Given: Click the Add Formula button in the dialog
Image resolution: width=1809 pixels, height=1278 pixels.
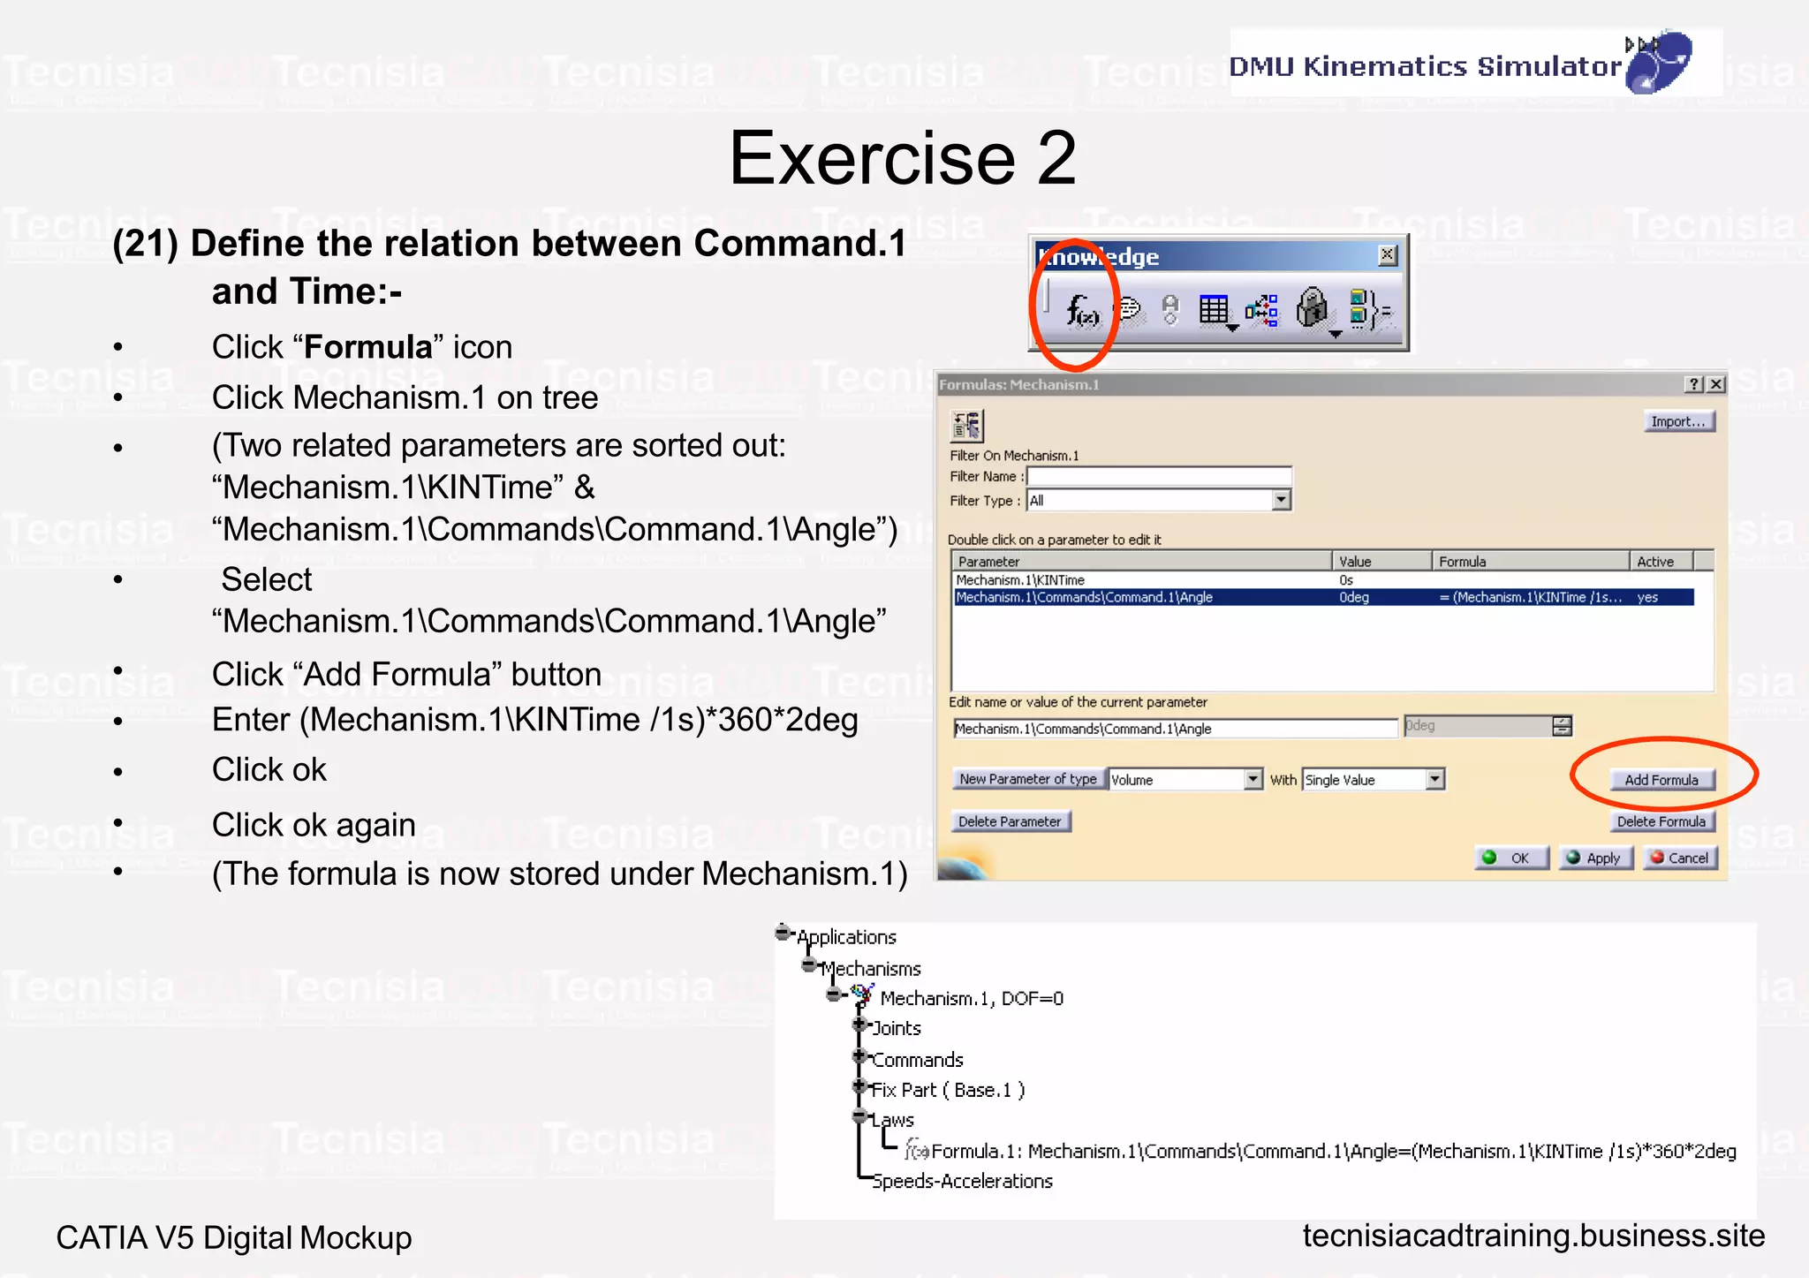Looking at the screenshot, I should coord(1661,780).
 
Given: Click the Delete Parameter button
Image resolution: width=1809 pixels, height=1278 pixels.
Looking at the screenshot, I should coord(1010,821).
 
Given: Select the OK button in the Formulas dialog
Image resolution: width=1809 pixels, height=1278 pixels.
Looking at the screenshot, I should coord(1511,858).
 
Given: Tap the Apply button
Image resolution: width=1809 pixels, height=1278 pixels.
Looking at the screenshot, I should coord(1594,858).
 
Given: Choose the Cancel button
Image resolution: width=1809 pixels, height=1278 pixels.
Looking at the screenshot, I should coord(1679,858).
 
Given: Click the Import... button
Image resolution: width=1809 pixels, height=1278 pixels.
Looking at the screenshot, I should coord(1677,421).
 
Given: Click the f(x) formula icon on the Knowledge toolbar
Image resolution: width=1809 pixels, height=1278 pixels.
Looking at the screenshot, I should coord(1082,310).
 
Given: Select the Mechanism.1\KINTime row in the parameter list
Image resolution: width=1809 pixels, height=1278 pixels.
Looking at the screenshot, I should coord(1020,580).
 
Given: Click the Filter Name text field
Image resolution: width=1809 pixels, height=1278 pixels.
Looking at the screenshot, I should coord(1158,476).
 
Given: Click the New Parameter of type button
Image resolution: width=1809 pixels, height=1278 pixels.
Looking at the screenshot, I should coord(1027,779).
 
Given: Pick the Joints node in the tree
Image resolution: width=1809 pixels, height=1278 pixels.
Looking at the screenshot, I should coord(897,1028).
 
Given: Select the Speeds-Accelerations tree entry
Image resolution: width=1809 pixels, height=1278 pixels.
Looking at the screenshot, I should coord(962,1182).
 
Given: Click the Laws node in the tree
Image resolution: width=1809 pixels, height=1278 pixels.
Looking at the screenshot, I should coord(892,1120).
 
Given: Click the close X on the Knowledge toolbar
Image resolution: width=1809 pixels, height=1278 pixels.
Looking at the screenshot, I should coord(1388,255).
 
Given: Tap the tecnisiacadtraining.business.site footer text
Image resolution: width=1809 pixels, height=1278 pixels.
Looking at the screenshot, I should coord(1533,1236).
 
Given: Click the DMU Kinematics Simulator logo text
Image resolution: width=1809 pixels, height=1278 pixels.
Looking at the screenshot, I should coord(1425,66).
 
